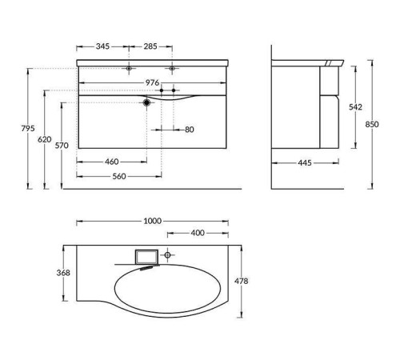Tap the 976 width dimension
click(151, 82)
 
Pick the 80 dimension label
click(189, 129)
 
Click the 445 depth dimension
click(305, 165)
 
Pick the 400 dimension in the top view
click(197, 234)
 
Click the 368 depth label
click(63, 274)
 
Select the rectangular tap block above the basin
click(146, 257)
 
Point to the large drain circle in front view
click(146, 103)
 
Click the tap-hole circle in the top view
click(168, 255)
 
